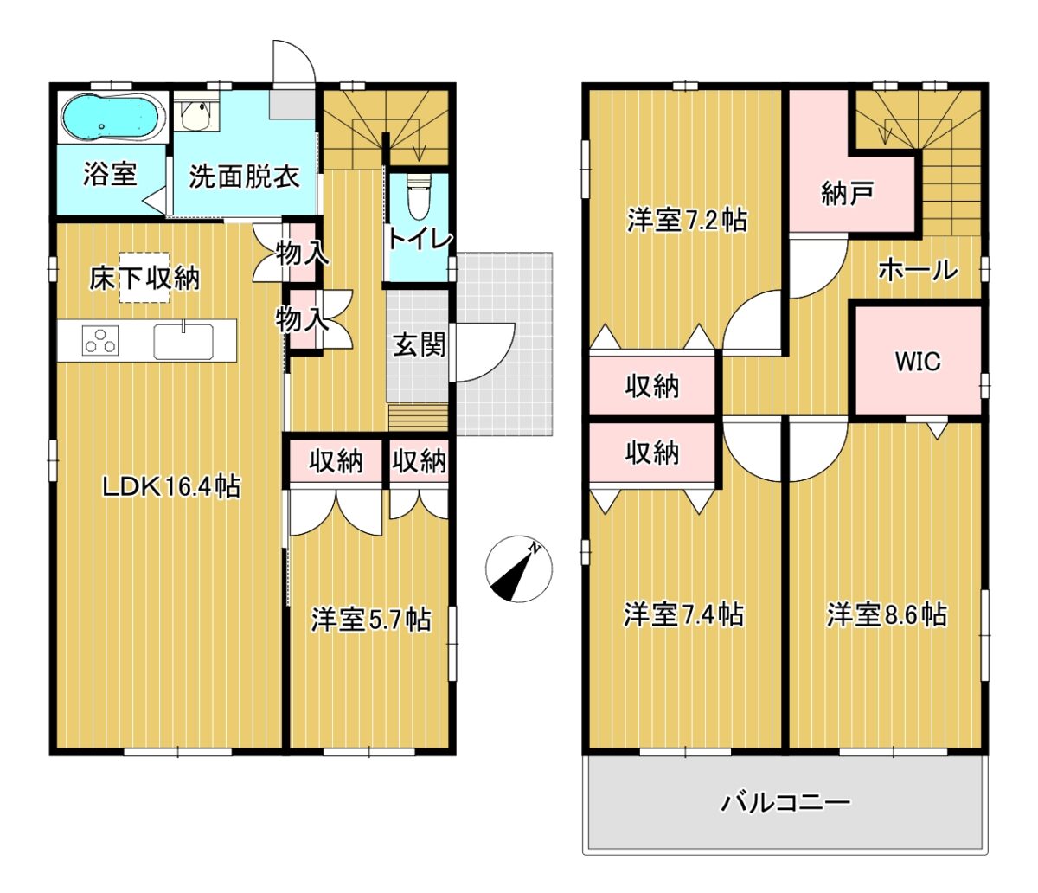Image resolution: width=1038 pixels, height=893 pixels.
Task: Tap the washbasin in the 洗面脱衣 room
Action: [196, 114]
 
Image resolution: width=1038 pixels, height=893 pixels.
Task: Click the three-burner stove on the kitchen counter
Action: [100, 341]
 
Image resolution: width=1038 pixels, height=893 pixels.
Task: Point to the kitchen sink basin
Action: [183, 341]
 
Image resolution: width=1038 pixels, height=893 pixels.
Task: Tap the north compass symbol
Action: [519, 568]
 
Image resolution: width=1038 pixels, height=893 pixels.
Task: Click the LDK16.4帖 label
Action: [172, 486]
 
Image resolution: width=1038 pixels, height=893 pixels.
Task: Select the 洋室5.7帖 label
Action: [370, 620]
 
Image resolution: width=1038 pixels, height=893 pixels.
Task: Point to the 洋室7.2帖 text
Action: [687, 220]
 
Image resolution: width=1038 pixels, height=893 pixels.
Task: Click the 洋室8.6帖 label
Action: [887, 615]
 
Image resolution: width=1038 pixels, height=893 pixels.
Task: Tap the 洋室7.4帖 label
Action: [683, 614]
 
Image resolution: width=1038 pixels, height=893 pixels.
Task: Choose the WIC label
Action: [918, 361]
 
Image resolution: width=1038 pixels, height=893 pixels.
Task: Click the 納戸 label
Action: [847, 193]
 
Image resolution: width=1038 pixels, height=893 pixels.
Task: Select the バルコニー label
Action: [786, 802]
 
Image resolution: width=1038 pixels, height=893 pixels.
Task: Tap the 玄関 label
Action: [419, 345]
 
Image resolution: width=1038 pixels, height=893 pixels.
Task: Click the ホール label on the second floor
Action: [919, 270]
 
